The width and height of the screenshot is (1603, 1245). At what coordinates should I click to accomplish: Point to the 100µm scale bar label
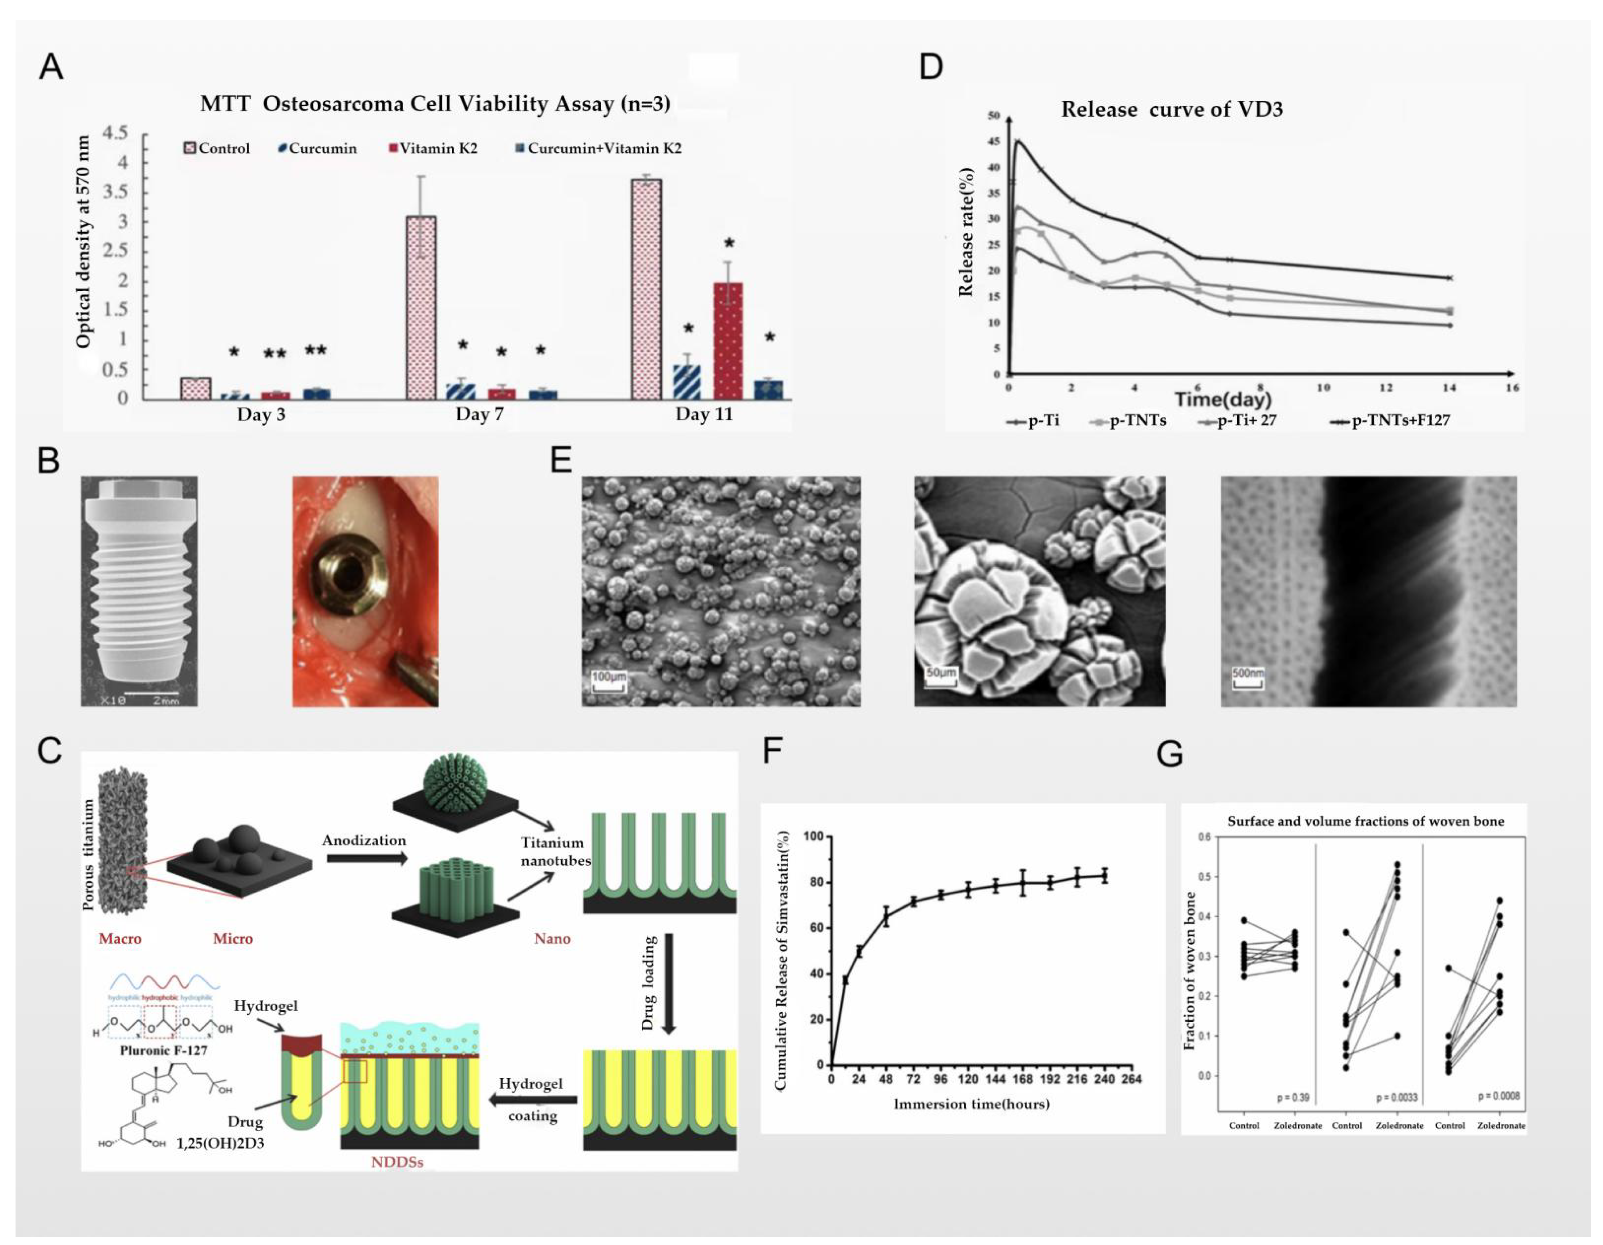tap(609, 675)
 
